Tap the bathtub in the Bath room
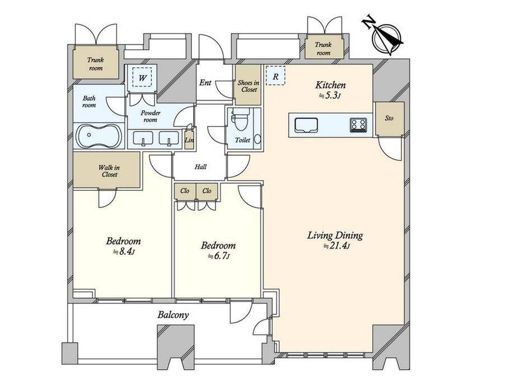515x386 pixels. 99,135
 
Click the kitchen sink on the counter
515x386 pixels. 306,125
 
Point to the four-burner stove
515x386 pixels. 358,125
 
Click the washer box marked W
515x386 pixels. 142,77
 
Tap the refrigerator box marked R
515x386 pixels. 275,76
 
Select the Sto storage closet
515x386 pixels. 390,119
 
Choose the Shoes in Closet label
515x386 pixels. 249,86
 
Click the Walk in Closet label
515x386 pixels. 109,171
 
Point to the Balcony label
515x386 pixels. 173,315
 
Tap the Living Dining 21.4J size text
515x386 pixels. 336,246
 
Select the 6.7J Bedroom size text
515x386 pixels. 218,256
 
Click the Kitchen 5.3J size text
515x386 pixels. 330,96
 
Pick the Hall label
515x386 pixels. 200,167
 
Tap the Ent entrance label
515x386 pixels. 205,82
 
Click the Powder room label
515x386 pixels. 151,116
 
